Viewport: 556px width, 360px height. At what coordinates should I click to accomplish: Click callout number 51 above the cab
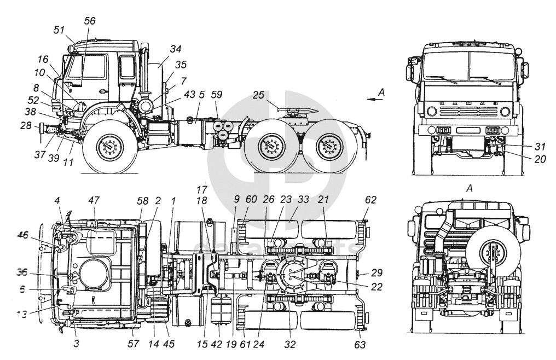(x=59, y=30)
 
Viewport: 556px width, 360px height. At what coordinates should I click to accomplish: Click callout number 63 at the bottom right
(x=359, y=345)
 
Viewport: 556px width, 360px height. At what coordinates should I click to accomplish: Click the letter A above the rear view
(x=468, y=188)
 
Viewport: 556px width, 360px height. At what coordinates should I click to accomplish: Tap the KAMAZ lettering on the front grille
(x=469, y=103)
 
